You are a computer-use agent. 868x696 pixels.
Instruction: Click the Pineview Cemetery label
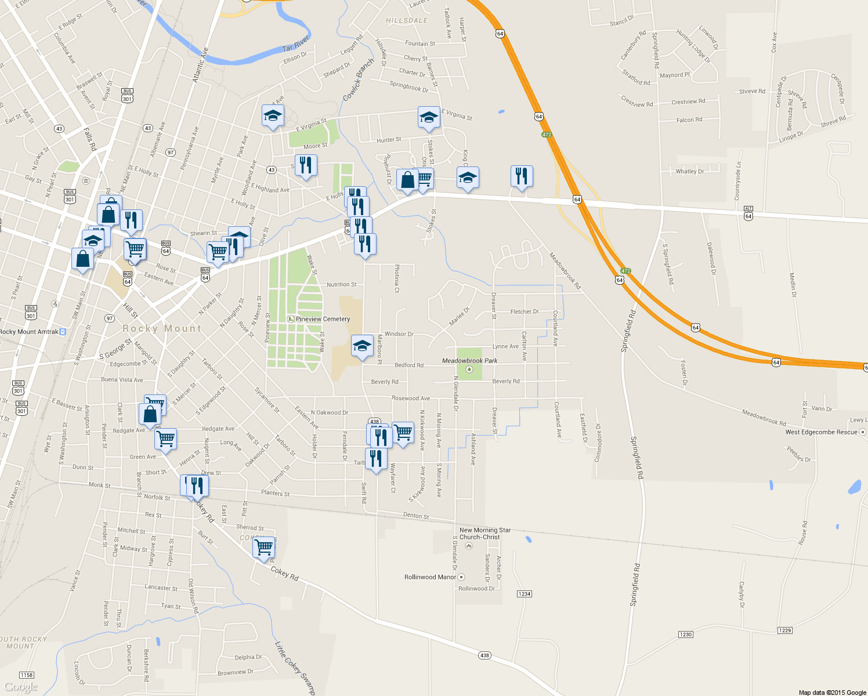323,319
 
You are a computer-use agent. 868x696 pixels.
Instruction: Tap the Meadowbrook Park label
469,361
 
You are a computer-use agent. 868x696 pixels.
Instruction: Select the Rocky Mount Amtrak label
30,332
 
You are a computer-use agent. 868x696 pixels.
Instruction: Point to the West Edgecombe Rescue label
821,432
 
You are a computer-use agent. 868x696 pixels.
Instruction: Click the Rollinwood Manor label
430,577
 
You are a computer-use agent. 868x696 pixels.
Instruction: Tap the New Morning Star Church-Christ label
484,534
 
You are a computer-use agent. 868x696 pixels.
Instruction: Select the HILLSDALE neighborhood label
407,20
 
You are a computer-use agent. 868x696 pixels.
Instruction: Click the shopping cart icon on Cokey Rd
264,546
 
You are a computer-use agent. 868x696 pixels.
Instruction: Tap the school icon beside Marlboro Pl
362,347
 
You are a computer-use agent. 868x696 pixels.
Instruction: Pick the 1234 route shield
524,594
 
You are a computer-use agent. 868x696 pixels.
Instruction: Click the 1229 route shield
784,630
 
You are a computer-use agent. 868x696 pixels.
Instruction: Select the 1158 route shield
27,675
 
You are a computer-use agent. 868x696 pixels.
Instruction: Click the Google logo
21,687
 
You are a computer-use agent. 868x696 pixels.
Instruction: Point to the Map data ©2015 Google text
832,693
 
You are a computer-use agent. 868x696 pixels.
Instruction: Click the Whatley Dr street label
689,172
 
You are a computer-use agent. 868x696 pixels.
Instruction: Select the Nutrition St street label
342,285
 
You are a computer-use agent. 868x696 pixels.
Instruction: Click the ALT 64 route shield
748,213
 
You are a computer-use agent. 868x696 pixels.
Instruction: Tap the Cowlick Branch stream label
358,80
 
